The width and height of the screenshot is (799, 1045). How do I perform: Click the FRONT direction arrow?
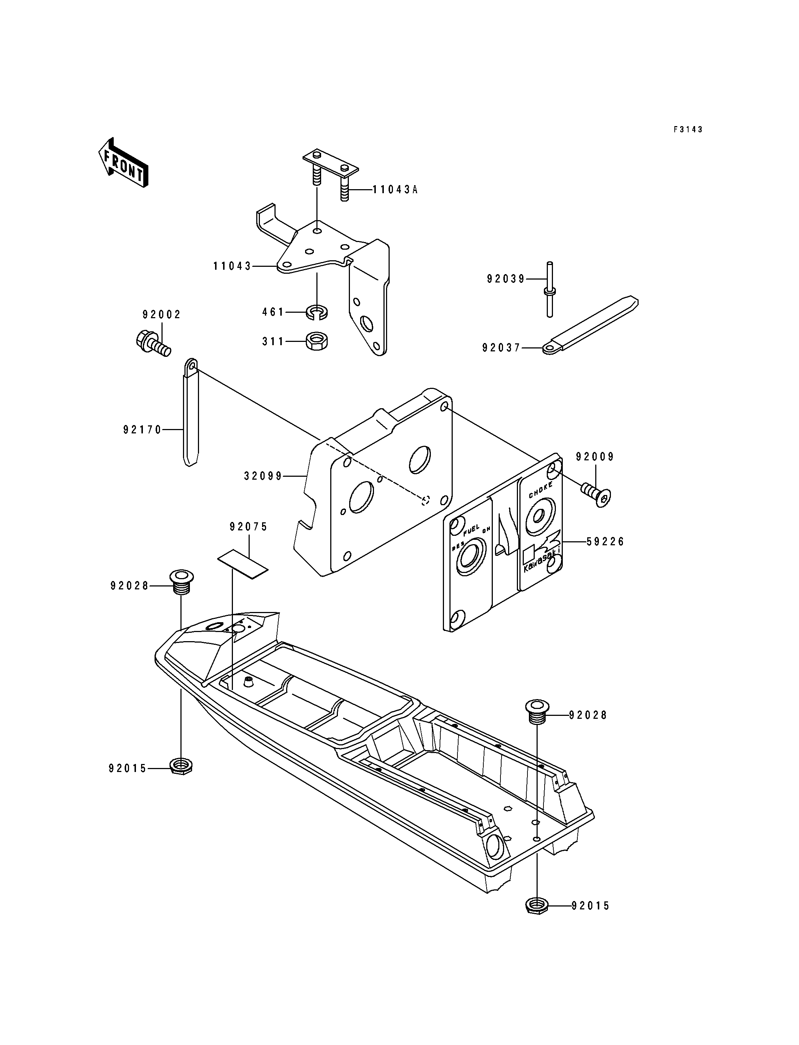click(x=123, y=163)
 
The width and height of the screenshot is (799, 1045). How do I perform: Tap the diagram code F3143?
click(x=687, y=129)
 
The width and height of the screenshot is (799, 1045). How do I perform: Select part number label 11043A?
click(x=394, y=190)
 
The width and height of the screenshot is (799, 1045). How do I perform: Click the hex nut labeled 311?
click(x=316, y=341)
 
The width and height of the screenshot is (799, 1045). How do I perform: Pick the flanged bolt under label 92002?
click(x=152, y=344)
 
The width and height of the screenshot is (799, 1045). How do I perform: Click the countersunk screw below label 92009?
click(x=596, y=494)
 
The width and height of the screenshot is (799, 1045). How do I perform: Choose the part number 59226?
click(x=605, y=542)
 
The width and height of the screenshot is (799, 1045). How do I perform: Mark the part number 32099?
click(x=263, y=476)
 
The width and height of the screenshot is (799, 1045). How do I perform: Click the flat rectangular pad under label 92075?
click(x=242, y=564)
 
